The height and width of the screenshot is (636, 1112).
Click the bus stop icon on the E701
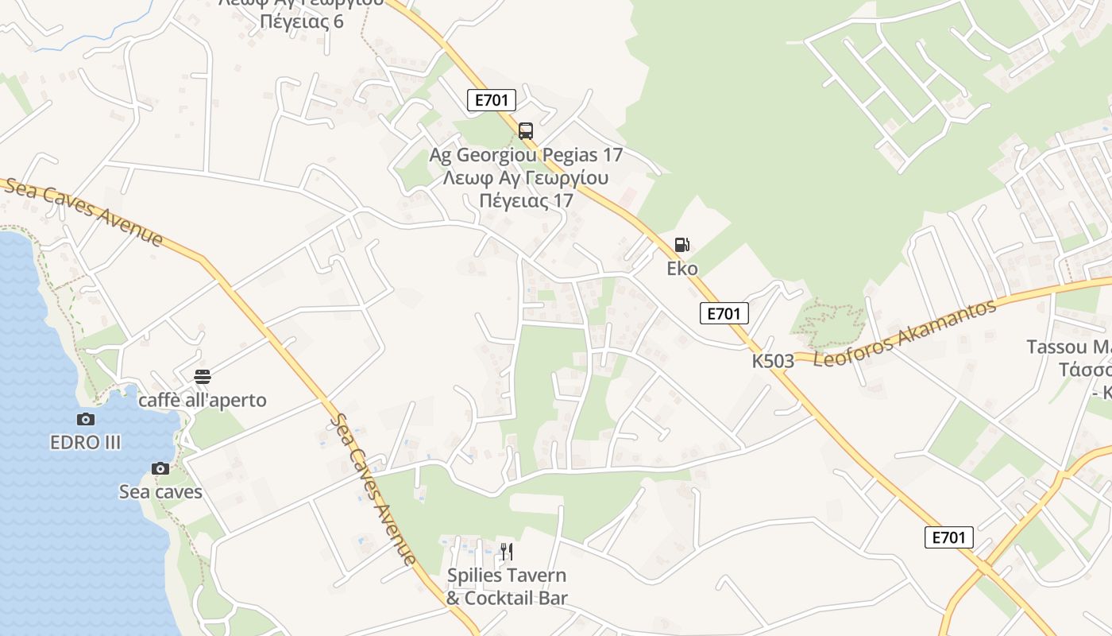525,131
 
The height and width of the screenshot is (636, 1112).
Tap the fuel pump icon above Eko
681,245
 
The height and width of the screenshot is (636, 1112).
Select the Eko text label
682,269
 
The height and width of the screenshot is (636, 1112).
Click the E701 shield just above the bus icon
492,100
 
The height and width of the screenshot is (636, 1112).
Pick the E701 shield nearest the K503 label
724,313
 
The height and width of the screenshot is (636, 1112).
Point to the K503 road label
773,361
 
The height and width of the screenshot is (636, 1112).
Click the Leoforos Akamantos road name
905,333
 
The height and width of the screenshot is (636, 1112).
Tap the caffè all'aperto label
203,400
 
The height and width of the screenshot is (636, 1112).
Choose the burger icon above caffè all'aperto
203,376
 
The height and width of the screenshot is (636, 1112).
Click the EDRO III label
86,443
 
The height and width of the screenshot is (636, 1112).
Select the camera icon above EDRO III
86,419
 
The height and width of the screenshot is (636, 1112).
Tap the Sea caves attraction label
160,492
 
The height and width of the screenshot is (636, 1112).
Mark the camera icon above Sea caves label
160,468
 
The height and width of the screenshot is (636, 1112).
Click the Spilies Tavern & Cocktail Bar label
507,587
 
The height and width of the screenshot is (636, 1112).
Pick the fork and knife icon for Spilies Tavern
506,551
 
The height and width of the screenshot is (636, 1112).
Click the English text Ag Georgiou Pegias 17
526,154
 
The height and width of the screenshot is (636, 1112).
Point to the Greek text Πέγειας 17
526,200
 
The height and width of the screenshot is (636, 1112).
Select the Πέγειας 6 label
302,21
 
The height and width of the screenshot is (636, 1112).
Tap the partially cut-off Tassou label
1068,347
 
